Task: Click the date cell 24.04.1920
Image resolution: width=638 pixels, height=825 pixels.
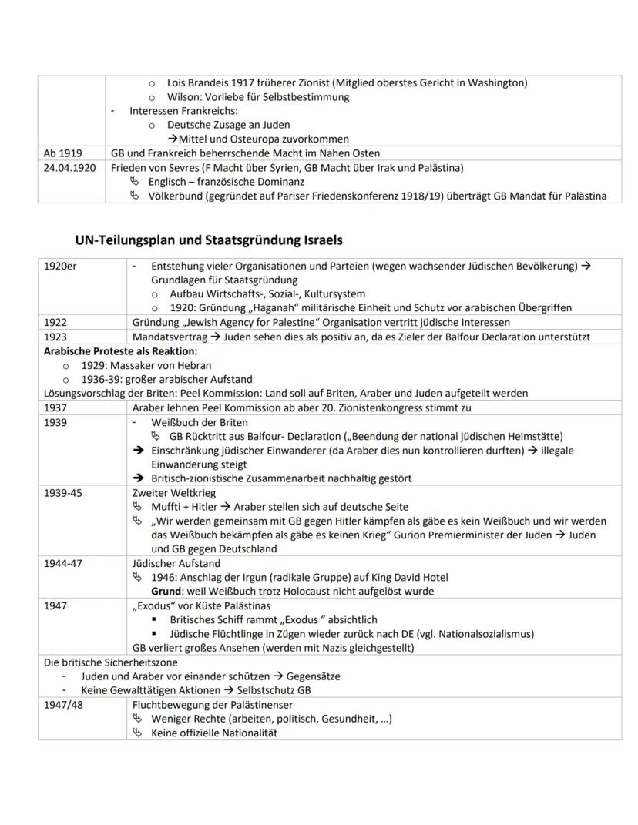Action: click(x=70, y=167)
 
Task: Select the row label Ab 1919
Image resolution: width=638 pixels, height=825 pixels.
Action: click(x=59, y=153)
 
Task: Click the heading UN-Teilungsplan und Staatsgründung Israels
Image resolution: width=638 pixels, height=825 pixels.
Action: click(x=209, y=240)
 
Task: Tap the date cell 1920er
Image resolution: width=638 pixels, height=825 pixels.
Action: click(x=60, y=266)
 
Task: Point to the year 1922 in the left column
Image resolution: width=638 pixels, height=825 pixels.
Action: click(x=55, y=322)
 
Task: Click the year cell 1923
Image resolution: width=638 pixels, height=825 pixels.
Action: click(x=55, y=337)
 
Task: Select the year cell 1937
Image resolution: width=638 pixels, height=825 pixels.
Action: click(x=55, y=407)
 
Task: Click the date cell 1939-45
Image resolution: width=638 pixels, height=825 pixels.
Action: click(x=63, y=492)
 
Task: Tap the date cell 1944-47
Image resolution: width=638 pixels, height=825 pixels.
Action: click(x=63, y=563)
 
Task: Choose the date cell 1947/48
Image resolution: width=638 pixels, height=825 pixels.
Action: click(x=63, y=704)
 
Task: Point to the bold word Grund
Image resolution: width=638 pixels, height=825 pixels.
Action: click(x=165, y=591)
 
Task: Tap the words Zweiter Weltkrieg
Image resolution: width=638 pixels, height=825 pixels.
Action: click(x=174, y=492)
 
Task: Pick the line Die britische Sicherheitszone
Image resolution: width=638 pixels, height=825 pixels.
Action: click(x=111, y=662)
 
